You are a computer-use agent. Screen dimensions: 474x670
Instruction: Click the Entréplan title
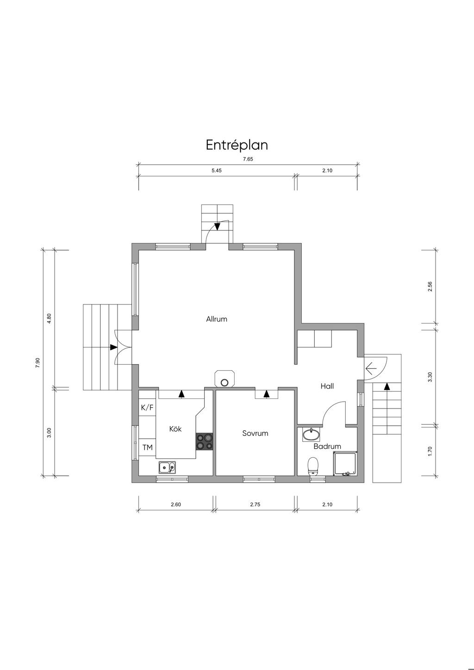(237, 145)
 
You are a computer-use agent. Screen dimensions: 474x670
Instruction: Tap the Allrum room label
(217, 319)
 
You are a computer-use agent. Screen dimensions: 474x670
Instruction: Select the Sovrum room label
(255, 434)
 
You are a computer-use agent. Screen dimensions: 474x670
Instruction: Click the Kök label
(175, 429)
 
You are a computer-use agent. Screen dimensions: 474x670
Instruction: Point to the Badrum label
(327, 447)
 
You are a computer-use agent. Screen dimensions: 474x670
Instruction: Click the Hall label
(327, 386)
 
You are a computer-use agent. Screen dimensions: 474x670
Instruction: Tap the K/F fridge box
(147, 407)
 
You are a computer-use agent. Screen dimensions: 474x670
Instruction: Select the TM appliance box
(147, 447)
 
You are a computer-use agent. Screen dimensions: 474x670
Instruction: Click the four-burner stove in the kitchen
(205, 442)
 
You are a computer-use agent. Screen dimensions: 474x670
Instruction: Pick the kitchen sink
(167, 467)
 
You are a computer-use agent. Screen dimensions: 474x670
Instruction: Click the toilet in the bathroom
(313, 466)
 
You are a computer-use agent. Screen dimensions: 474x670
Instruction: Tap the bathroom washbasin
(311, 434)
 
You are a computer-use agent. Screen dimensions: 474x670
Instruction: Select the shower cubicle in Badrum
(345, 463)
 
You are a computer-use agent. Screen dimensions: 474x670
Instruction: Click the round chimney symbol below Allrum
(224, 382)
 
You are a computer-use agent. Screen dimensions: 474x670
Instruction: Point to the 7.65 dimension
(248, 160)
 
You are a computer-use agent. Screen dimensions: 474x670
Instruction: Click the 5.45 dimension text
(216, 171)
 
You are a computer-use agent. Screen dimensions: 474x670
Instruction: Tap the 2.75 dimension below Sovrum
(255, 505)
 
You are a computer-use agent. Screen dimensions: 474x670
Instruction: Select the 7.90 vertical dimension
(37, 362)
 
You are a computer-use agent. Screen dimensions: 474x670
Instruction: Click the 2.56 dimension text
(430, 286)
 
